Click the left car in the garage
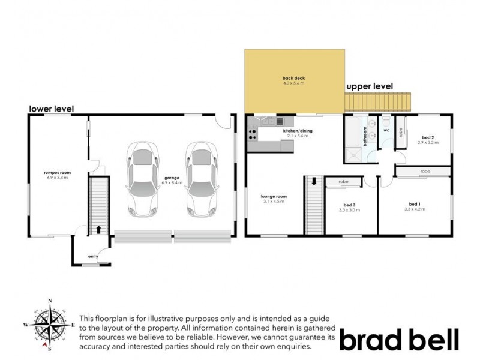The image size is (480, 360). (142, 180)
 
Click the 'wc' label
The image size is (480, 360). (386, 130)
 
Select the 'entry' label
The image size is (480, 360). (93, 256)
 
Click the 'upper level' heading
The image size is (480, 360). (370, 86)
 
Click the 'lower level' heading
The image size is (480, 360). (52, 109)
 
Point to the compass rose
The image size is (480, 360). (50, 323)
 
